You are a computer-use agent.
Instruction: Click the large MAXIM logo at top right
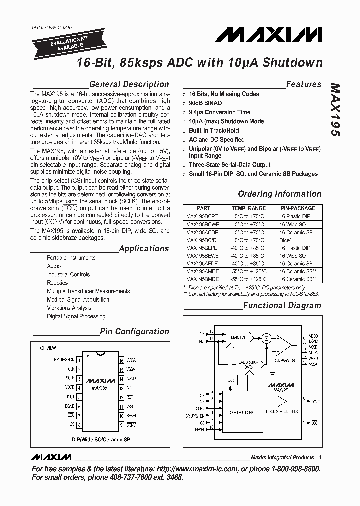click(269, 34)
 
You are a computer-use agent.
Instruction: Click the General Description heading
click(129, 84)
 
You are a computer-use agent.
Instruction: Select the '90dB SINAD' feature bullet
click(205, 103)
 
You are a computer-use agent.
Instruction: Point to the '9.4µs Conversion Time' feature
click(219, 112)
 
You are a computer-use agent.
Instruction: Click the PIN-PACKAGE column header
click(298, 208)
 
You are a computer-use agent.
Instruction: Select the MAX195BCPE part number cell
click(202, 216)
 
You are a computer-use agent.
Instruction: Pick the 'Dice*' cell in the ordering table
click(285, 240)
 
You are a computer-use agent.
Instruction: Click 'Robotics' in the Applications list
click(57, 283)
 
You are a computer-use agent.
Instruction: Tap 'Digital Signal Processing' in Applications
click(76, 316)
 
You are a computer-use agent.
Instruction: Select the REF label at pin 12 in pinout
click(130, 397)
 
